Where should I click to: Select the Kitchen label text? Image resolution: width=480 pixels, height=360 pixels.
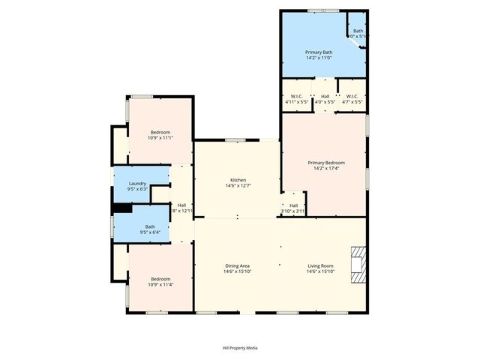(238, 180)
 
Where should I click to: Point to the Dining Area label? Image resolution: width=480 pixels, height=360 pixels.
(237, 266)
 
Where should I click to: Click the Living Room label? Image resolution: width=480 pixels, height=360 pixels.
(320, 266)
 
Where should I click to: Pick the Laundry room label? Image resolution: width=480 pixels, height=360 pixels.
(137, 184)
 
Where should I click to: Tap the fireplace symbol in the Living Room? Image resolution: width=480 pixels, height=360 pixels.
(358, 265)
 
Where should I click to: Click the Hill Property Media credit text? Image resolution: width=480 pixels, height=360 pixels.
(240, 348)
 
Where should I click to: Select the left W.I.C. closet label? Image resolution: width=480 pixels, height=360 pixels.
(297, 96)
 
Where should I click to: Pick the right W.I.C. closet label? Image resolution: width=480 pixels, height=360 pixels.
(352, 96)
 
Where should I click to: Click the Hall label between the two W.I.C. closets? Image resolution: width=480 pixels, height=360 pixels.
(325, 96)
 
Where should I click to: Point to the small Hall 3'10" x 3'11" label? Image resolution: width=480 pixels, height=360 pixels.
(293, 205)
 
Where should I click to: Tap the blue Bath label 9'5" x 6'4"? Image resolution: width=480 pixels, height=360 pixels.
(150, 227)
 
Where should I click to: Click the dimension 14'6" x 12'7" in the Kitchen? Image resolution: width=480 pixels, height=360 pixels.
(238, 186)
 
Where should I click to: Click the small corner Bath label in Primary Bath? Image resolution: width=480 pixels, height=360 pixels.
(358, 31)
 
